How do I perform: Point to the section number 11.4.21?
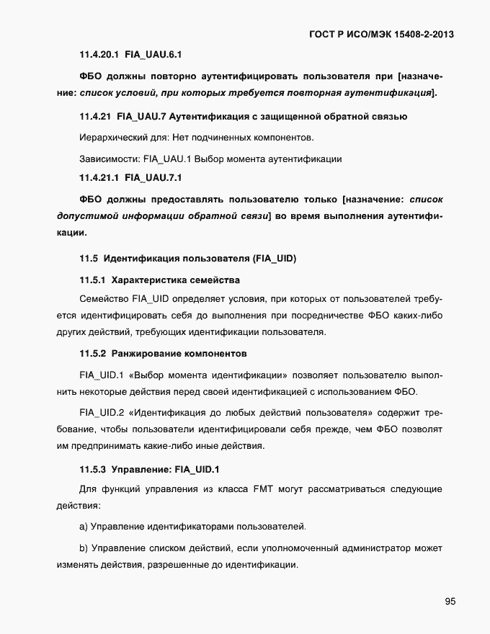click(95, 116)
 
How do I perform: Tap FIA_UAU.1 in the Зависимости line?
click(169, 157)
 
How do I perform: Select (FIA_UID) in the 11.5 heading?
click(272, 258)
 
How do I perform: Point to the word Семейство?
click(104, 298)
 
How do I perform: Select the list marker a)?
click(84, 527)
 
